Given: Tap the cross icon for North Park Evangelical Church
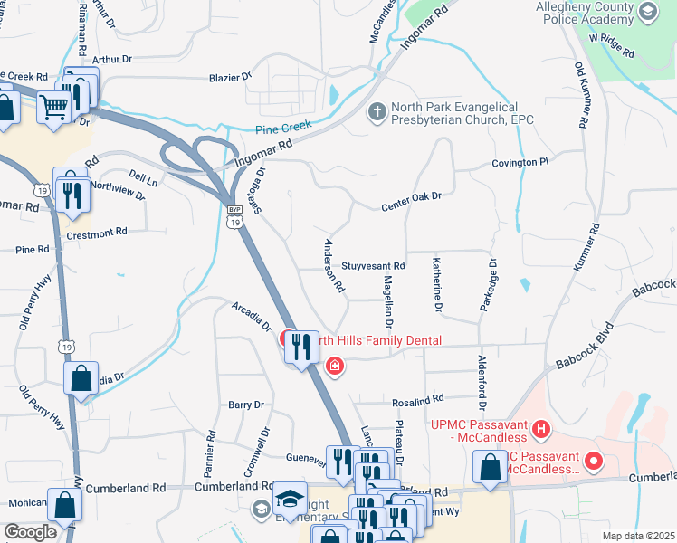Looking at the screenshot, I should [x=377, y=112].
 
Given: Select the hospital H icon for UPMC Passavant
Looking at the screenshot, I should [x=541, y=428].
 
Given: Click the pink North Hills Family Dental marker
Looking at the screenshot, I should [x=335, y=366].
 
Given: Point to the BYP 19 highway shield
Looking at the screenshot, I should [x=234, y=216].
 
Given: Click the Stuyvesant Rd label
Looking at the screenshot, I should [x=373, y=267].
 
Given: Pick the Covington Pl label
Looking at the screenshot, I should [x=520, y=162].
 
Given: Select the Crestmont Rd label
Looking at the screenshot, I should [x=98, y=233].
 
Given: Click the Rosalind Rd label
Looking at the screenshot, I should [x=418, y=398].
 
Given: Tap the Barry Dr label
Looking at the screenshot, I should [x=245, y=405].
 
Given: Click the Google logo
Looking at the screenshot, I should [x=30, y=531].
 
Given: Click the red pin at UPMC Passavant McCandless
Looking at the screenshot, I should [x=594, y=462].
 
